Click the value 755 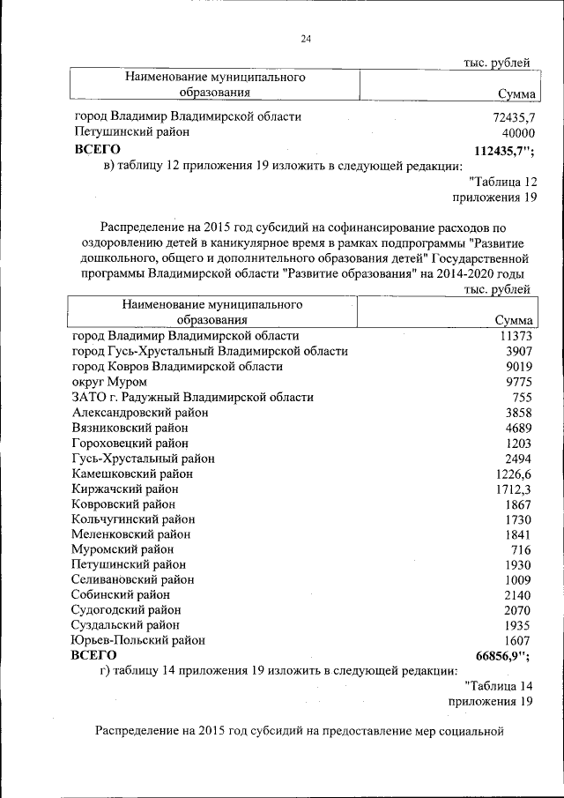(519, 397)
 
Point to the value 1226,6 (513, 474)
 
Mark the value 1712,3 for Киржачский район (513, 488)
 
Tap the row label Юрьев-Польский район (138, 640)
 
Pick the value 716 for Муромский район (519, 549)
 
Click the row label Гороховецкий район (130, 443)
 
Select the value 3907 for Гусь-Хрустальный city (515, 351)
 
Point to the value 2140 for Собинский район (515, 595)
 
